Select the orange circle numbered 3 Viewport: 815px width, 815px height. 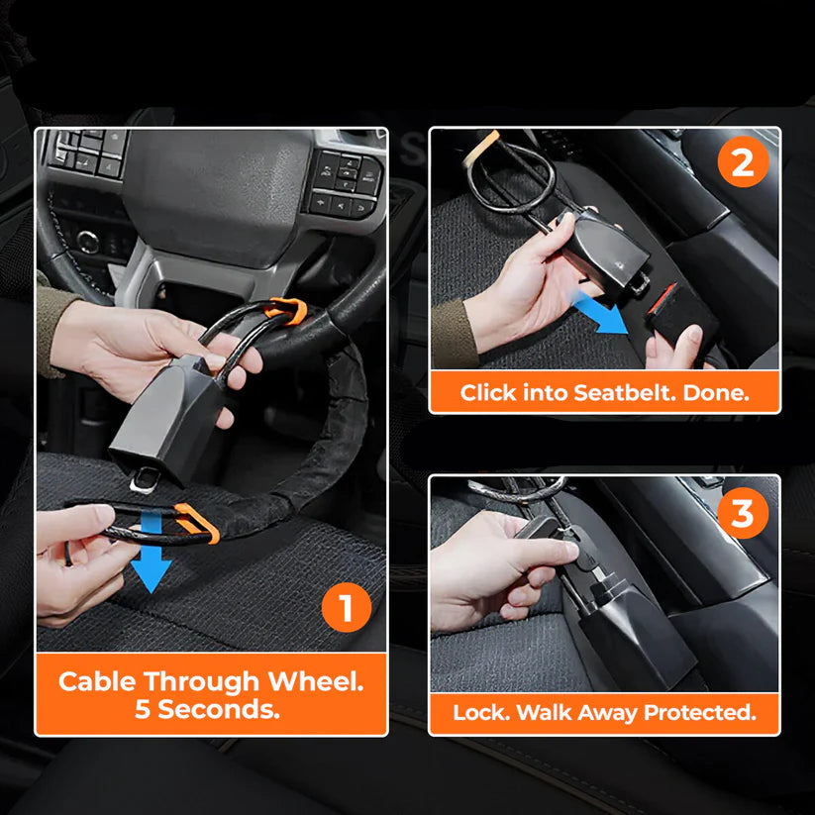click(x=742, y=514)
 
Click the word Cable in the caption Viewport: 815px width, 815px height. click(x=97, y=681)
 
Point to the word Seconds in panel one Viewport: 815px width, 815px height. click(x=233, y=709)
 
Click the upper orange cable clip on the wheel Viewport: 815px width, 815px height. click(x=286, y=311)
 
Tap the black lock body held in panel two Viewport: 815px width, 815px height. click(x=599, y=249)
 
